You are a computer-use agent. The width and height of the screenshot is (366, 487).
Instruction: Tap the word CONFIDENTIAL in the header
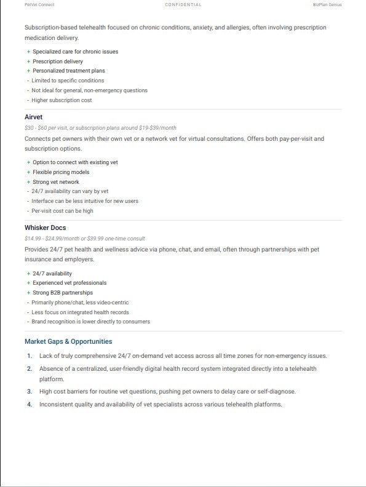tap(183, 4)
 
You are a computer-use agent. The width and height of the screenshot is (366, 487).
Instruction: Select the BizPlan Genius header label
tap(327, 4)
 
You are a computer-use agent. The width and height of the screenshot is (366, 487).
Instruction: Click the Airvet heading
tap(33, 117)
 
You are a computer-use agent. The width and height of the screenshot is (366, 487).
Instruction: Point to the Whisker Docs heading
tap(45, 228)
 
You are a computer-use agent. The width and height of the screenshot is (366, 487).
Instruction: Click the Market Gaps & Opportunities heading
tap(68, 341)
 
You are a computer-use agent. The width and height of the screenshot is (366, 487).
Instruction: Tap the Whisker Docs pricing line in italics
tap(85, 239)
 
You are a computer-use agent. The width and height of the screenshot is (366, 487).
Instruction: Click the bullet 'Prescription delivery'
tap(57, 61)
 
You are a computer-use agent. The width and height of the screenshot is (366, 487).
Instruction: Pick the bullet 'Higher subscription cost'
tap(62, 100)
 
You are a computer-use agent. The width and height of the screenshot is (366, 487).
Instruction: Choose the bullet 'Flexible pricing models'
tap(61, 172)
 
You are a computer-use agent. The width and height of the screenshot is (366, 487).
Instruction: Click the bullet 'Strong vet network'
tap(56, 182)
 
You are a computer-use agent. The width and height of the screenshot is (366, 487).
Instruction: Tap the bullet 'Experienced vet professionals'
tap(70, 283)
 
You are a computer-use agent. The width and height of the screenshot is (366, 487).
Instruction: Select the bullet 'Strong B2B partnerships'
tap(63, 293)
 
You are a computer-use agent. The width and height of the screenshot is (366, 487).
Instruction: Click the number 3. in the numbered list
tap(29, 391)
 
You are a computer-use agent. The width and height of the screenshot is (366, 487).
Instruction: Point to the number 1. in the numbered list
tap(29, 356)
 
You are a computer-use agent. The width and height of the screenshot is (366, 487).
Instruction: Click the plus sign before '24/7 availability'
tap(28, 274)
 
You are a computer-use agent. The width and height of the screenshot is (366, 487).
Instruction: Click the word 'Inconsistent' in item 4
tap(56, 405)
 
